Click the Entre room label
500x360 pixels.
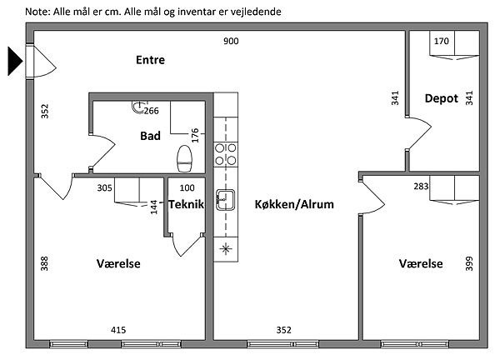click(151, 60)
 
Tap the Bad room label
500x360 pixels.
click(150, 136)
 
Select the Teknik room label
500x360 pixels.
click(186, 203)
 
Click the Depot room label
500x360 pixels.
click(441, 97)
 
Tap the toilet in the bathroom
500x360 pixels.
click(185, 156)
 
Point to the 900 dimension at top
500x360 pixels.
click(231, 42)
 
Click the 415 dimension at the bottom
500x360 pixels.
click(118, 330)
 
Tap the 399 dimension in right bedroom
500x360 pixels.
click(469, 264)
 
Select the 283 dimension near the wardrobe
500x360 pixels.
click(421, 187)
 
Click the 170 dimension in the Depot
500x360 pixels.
click(442, 42)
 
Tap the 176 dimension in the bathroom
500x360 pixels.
click(195, 133)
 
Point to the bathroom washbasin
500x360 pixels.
click(137, 107)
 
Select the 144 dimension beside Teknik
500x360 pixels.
click(153, 206)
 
